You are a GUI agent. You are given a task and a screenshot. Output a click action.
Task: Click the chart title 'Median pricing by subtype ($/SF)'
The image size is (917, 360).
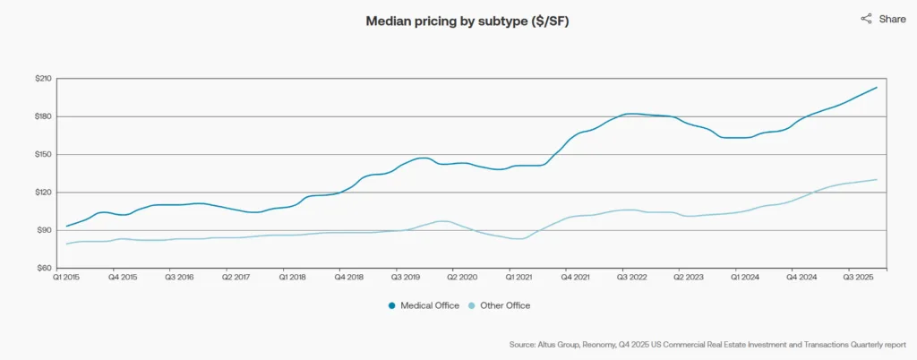[467, 21]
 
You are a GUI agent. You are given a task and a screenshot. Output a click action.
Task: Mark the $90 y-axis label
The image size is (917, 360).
[43, 230]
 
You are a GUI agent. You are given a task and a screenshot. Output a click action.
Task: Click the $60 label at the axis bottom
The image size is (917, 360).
[43, 268]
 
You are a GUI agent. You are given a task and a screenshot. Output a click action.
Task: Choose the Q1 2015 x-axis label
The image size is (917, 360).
[67, 279]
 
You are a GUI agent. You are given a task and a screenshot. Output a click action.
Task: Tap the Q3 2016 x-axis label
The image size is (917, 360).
[180, 279]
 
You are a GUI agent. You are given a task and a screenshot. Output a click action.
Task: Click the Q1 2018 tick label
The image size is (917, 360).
[294, 279]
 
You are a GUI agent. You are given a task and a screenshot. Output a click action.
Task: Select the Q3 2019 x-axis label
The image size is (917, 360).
[407, 279]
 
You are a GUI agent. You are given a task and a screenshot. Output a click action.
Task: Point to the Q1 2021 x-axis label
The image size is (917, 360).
[521, 279]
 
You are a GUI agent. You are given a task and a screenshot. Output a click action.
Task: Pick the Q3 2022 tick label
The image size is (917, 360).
[634, 279]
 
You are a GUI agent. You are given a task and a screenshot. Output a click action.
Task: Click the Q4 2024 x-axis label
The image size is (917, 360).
[804, 279]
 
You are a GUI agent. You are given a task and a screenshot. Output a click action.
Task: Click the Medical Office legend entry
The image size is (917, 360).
[424, 305]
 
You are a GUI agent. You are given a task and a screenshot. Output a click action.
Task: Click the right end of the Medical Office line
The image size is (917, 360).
[876, 88]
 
